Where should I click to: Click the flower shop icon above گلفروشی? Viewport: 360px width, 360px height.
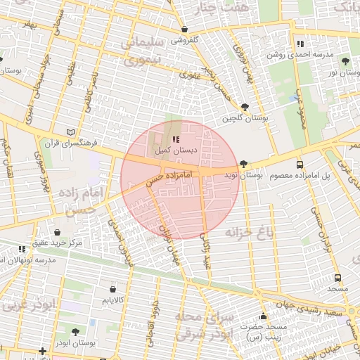(x=184, y=30)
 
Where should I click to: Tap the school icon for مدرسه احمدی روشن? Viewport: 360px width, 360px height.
(x=300, y=44)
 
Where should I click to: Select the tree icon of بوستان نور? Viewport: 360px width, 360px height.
(x=345, y=61)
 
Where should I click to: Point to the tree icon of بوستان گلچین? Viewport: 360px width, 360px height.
(x=244, y=107)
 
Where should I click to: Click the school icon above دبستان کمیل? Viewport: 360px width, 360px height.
(x=175, y=140)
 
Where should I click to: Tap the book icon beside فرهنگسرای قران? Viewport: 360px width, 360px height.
(x=69, y=131)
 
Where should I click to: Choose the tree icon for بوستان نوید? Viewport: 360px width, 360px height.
(x=243, y=164)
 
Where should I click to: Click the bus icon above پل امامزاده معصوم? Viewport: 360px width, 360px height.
(x=300, y=163)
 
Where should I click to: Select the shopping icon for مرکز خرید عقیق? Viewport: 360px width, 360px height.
(x=57, y=232)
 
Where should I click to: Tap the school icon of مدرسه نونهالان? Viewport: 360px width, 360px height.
(x=22, y=249)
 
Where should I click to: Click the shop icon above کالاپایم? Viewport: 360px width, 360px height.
(x=113, y=288)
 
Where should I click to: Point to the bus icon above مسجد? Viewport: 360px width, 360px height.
(x=338, y=278)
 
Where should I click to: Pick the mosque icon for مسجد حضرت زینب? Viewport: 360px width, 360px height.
(x=263, y=316)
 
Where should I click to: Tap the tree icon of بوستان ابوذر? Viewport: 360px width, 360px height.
(x=75, y=331)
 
